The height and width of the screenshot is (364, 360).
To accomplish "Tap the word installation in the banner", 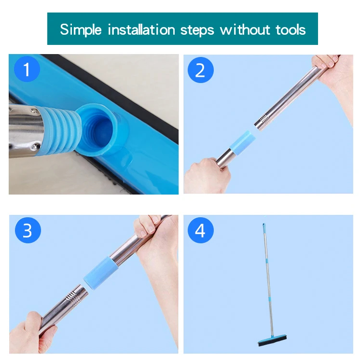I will click(x=142, y=29).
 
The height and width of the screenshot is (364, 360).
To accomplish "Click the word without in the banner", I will click(x=242, y=29).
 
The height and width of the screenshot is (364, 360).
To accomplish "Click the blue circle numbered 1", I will click(x=27, y=70).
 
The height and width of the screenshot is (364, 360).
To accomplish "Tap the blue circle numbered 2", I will click(x=200, y=70).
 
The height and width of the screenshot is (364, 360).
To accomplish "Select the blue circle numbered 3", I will click(x=27, y=230).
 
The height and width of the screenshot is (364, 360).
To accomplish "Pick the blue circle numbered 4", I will click(x=200, y=230).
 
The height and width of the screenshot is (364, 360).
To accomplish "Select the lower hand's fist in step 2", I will click(x=203, y=176).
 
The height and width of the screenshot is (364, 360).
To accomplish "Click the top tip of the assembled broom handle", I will click(x=263, y=224).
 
